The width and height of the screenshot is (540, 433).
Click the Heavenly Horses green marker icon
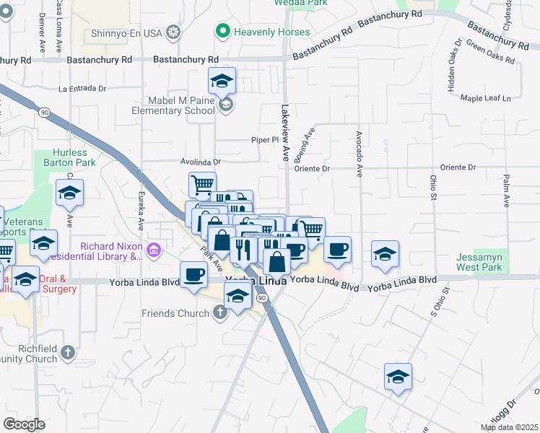pyautogui.click(x=223, y=32)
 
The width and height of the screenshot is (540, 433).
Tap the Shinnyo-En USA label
pyautogui.click(x=127, y=32)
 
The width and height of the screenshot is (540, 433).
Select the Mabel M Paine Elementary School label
pyautogui.click(x=172, y=105)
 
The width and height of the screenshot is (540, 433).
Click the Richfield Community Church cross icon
pyautogui.click(x=67, y=353)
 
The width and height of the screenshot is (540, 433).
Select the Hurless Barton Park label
pyautogui.click(x=70, y=157)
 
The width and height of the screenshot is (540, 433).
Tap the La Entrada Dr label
pyautogui.click(x=82, y=89)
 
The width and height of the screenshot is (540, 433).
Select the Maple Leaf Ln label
pyautogui.click(x=485, y=98)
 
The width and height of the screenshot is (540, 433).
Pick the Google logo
pyautogui.click(x=24, y=424)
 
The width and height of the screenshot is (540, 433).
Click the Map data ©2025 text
pyautogui.click(x=509, y=427)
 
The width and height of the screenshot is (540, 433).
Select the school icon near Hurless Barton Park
pyautogui.click(x=69, y=193)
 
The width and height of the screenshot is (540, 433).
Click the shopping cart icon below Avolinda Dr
pyautogui.click(x=202, y=185)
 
